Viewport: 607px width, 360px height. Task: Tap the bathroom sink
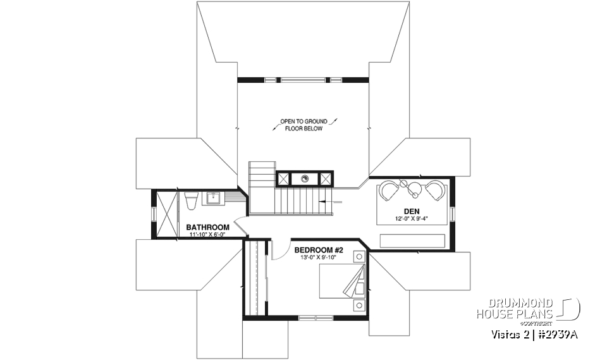213,198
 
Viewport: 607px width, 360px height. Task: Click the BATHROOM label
207,227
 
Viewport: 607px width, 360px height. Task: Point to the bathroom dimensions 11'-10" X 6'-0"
207,235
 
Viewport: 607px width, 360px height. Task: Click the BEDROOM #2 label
319,250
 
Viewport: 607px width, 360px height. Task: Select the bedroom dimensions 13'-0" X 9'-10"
319,258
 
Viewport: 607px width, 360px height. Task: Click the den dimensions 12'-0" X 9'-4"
412,220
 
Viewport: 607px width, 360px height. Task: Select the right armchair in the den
434,189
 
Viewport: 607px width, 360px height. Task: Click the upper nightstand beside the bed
359,257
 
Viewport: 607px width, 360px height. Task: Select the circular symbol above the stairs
304,178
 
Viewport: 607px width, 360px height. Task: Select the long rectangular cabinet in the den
412,241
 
